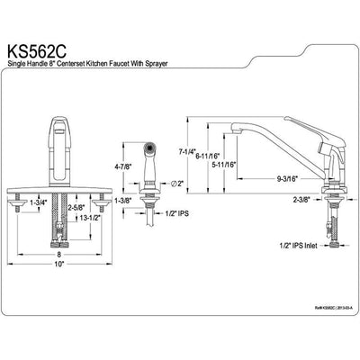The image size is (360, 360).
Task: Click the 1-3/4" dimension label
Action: click(38, 202)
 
